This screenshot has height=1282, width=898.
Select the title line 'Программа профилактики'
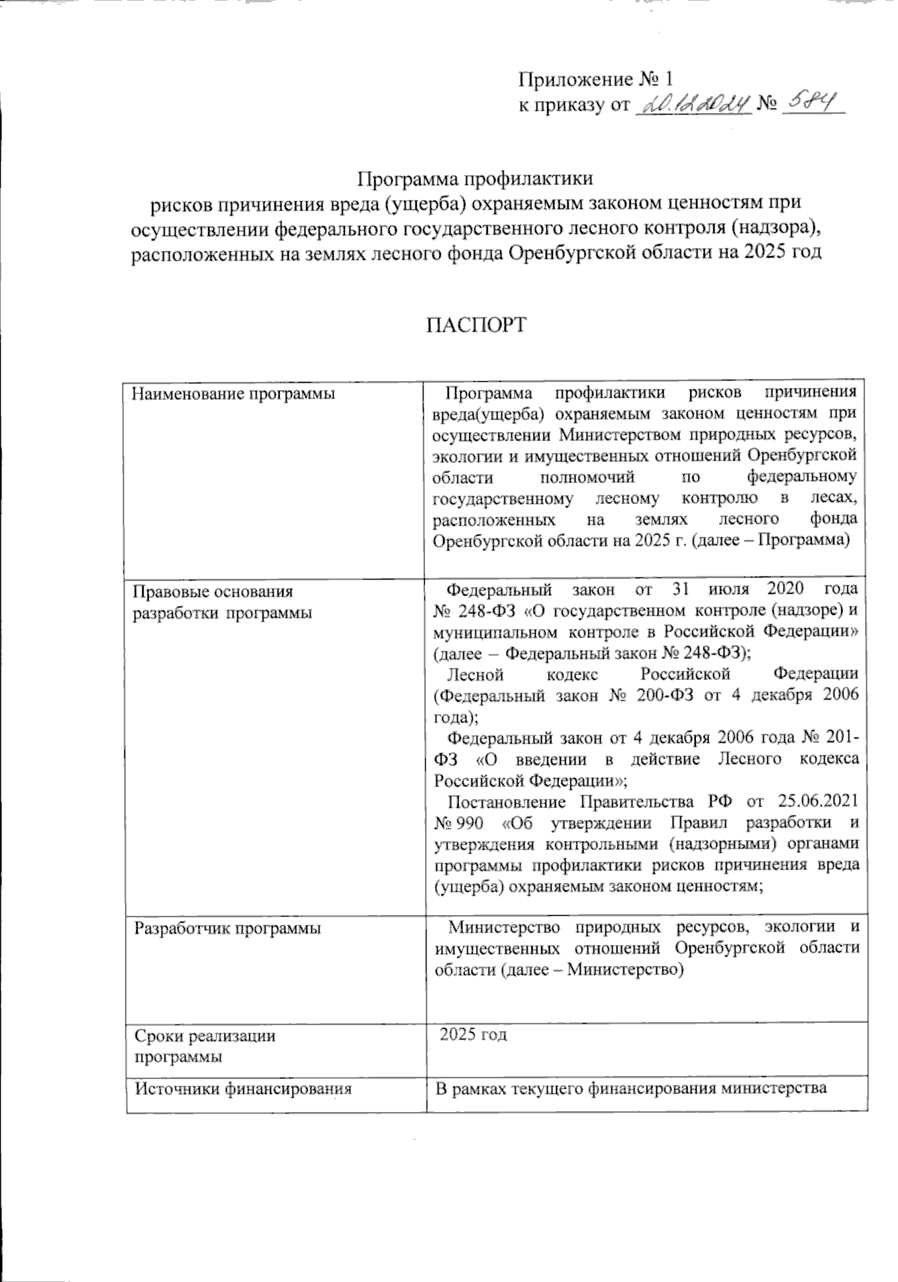pyautogui.click(x=476, y=179)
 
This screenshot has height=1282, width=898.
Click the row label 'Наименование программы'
pyautogui.click(x=233, y=393)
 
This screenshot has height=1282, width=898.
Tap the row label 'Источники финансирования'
pyautogui.click(x=242, y=1089)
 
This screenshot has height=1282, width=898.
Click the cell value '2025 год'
pyautogui.click(x=474, y=1035)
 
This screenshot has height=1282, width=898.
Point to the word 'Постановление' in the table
pyautogui.click(x=506, y=802)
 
